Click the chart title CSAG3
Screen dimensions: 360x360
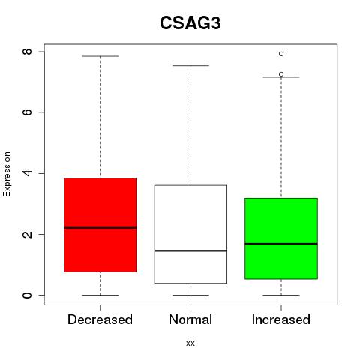190,23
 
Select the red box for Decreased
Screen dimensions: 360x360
100,225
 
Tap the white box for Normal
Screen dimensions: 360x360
190,234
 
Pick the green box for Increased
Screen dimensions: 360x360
281,238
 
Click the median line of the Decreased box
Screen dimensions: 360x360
100,228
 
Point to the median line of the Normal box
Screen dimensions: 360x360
190,250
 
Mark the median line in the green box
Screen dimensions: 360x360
281,244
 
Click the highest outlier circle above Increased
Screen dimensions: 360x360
281,54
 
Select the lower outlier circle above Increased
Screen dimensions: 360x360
281,74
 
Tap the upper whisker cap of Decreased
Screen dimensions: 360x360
100,56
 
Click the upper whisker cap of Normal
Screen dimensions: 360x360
190,65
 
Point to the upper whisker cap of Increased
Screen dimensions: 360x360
281,77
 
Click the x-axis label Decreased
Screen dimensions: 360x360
100,319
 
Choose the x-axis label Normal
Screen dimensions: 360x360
190,319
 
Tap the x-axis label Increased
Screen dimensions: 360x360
281,319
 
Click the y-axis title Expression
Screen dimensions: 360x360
7,174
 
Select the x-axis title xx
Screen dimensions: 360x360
190,343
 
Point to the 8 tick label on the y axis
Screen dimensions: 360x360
27,52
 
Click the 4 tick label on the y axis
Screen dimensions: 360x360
27,173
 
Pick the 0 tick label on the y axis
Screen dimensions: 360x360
27,295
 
